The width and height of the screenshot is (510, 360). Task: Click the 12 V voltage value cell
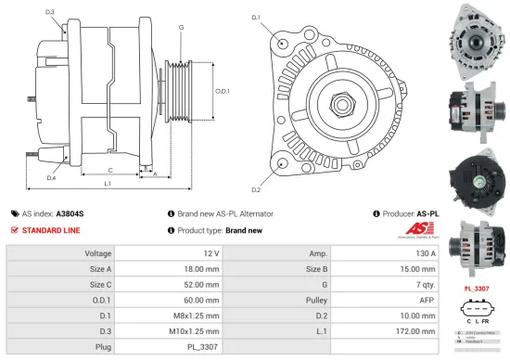[x=210, y=252]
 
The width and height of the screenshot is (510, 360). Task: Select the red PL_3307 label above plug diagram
[x=476, y=289]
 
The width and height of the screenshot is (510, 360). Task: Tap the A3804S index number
[x=70, y=212]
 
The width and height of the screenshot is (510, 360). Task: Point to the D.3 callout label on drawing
[x=49, y=13]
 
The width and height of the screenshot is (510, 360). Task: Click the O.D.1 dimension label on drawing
[x=222, y=90]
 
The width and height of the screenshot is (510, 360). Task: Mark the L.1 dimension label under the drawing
[x=108, y=185]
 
